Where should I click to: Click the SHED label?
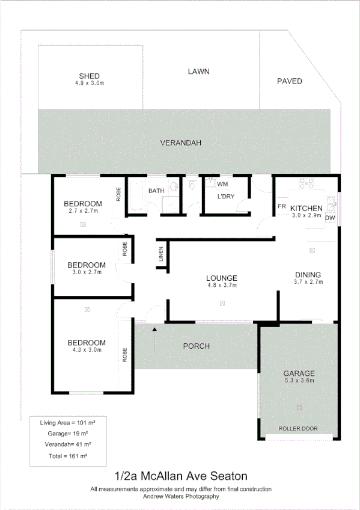click(90, 76)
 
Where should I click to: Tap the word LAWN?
click(198, 72)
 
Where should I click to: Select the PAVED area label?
click(289, 81)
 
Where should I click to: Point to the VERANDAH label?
click(180, 143)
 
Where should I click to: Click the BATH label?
click(157, 191)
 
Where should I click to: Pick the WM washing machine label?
click(222, 184)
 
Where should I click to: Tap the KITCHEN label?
click(307, 208)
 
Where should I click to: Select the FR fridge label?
click(281, 207)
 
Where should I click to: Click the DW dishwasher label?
click(330, 218)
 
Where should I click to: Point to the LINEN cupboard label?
click(160, 254)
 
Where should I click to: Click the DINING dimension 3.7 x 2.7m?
click(308, 281)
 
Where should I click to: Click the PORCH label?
click(197, 346)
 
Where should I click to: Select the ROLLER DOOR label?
click(298, 429)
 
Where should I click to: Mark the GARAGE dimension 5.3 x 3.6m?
click(299, 381)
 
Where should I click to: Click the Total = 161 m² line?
click(64, 456)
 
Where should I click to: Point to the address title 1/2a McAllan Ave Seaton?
click(180, 477)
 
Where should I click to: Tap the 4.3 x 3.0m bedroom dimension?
click(87, 349)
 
